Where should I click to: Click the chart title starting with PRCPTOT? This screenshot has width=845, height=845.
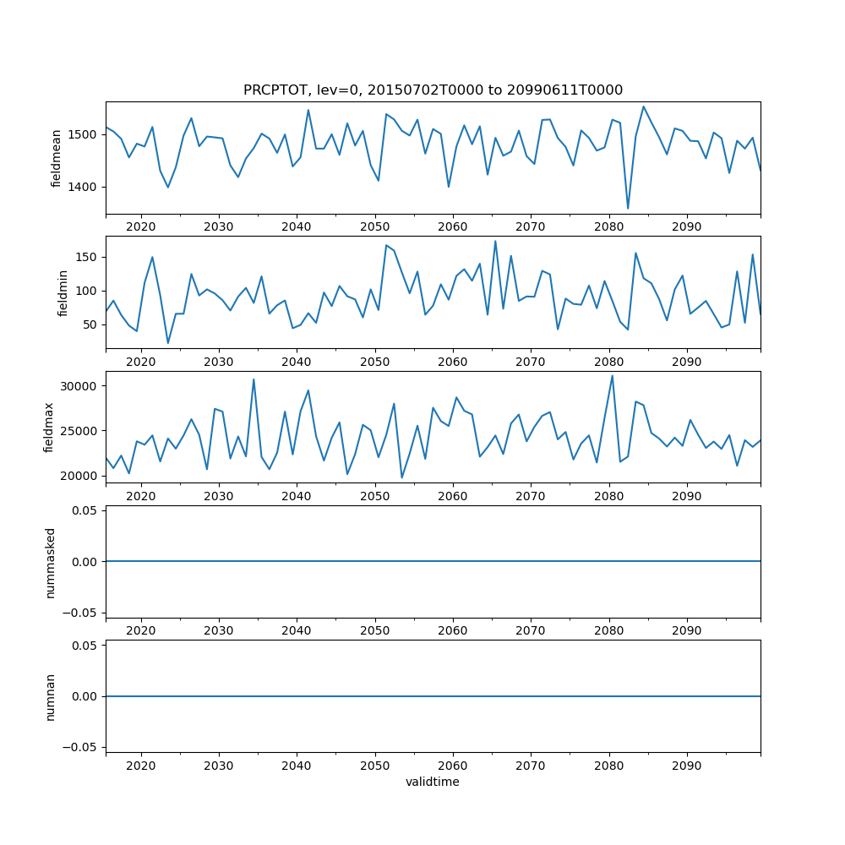coord(433,90)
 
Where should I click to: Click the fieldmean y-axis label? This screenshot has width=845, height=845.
coord(57,158)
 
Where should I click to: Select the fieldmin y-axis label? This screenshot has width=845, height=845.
coord(62,292)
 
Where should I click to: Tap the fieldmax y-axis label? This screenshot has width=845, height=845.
coord(50,427)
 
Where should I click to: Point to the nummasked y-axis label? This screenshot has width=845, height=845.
coord(50,561)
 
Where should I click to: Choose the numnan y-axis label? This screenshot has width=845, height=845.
coord(50,696)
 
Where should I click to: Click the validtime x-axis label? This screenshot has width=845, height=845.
coord(433,782)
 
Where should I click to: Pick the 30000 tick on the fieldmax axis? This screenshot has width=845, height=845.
coord(79,386)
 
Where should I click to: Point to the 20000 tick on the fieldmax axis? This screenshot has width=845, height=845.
coord(79,476)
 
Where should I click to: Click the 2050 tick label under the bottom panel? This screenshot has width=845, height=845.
coord(374,766)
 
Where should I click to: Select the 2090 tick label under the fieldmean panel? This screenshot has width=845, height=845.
coord(686,228)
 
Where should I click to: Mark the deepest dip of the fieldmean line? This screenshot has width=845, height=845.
coord(628,208)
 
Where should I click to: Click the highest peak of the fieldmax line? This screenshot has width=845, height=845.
coord(613,376)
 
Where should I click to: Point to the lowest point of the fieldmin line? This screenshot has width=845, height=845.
coord(168,343)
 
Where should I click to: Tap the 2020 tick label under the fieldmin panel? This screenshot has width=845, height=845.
coord(140,363)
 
